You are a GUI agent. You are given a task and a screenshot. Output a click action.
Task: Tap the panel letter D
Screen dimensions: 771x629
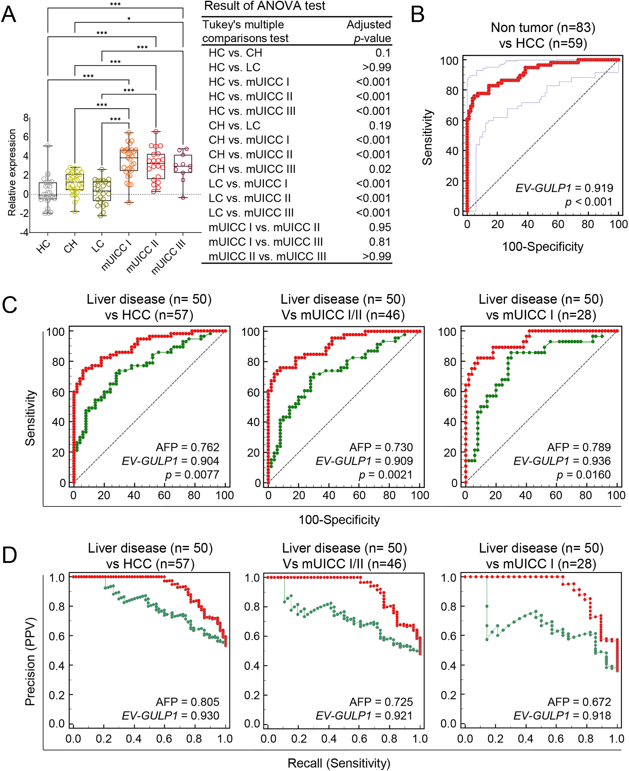9,555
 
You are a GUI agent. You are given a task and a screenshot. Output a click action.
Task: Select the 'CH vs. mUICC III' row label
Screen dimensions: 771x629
252,169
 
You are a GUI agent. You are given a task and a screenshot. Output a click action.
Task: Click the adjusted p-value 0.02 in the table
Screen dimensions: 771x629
380,169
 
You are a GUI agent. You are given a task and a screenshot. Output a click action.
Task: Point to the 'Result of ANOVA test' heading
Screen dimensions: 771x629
264,6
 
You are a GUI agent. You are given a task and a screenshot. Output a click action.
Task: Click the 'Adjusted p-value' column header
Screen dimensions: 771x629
369,31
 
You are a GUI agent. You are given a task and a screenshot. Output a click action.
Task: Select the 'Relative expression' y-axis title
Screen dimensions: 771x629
12,173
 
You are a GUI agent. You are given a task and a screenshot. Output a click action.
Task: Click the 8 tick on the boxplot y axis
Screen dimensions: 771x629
26,118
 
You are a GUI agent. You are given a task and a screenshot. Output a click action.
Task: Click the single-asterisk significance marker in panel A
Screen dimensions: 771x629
129,19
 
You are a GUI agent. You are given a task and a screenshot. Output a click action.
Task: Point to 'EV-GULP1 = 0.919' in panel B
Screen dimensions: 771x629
564,188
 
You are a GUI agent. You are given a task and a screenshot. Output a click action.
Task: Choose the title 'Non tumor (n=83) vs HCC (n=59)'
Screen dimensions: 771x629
543,35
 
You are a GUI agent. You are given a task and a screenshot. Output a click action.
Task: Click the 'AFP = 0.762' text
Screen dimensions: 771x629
187,447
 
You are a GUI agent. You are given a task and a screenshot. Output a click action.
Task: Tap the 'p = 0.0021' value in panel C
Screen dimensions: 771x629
385,475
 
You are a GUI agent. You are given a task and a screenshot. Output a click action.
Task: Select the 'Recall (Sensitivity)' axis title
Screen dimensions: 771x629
339,763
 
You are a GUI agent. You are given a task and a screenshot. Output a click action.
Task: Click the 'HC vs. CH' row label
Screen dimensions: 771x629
235,53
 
